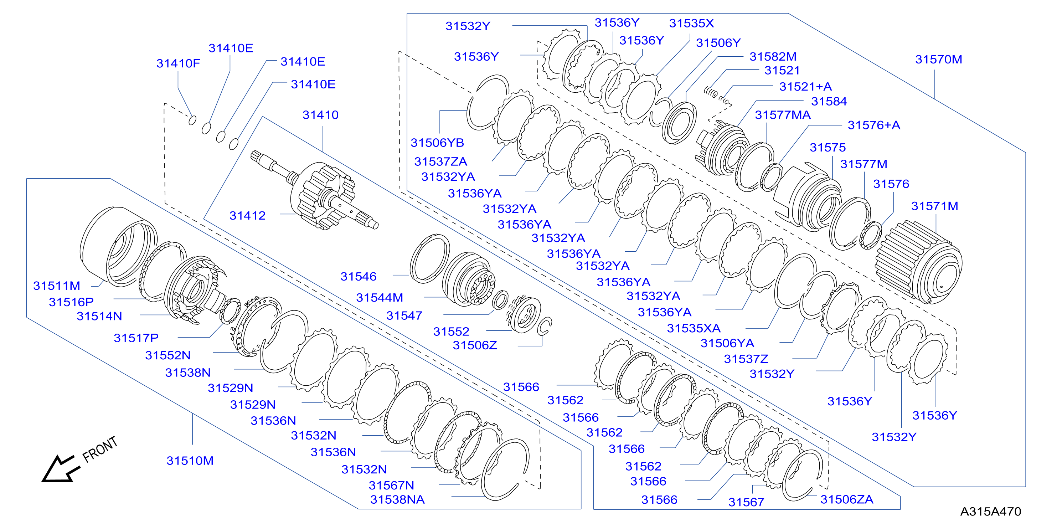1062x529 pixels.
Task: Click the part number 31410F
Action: click(x=178, y=63)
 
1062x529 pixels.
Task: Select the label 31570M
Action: click(x=939, y=60)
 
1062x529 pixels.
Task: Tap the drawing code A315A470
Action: click(x=991, y=512)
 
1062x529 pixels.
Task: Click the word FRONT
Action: click(x=100, y=450)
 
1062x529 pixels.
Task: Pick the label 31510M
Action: click(x=190, y=461)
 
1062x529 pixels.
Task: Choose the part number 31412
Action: click(x=247, y=216)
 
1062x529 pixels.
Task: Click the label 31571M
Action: click(x=935, y=206)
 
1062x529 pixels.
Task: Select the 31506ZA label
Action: click(x=847, y=499)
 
